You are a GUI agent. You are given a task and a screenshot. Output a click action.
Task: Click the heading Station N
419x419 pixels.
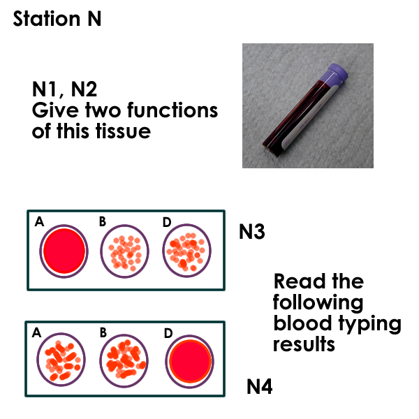[57, 19]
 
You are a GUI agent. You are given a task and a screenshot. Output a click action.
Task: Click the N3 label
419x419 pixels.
[251, 232]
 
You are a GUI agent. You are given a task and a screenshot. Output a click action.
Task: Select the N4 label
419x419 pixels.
[260, 386]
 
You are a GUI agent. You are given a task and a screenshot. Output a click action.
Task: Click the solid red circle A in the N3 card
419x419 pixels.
[64, 251]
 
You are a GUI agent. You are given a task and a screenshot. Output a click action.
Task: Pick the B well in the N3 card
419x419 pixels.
[126, 251]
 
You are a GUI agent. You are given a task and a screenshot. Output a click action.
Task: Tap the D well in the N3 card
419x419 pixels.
[186, 251]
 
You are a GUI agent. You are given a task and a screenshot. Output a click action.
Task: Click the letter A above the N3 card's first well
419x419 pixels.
[39, 222]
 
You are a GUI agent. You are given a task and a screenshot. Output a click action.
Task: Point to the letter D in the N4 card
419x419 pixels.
[168, 333]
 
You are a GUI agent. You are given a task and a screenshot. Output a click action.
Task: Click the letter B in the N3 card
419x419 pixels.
[103, 222]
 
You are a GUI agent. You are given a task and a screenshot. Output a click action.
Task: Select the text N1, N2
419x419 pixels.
[65, 90]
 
